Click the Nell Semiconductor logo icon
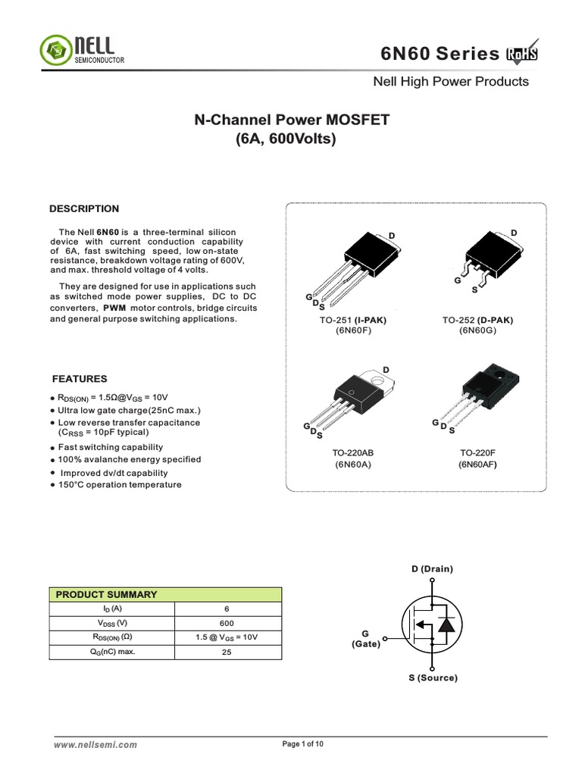tap(55, 50)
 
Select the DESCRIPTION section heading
tap(84, 209)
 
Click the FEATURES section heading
tap(80, 379)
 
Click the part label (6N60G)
tap(477, 331)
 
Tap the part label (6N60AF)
tap(477, 465)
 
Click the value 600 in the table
tap(227, 623)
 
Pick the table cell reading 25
tap(227, 652)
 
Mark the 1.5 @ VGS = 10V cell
tap(227, 637)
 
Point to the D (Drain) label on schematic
tap(432, 568)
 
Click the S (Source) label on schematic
tap(433, 677)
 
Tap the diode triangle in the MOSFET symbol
tap(448, 624)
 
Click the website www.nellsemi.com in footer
tap(95, 745)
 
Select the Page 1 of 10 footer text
tap(303, 744)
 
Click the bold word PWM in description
tap(115, 308)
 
